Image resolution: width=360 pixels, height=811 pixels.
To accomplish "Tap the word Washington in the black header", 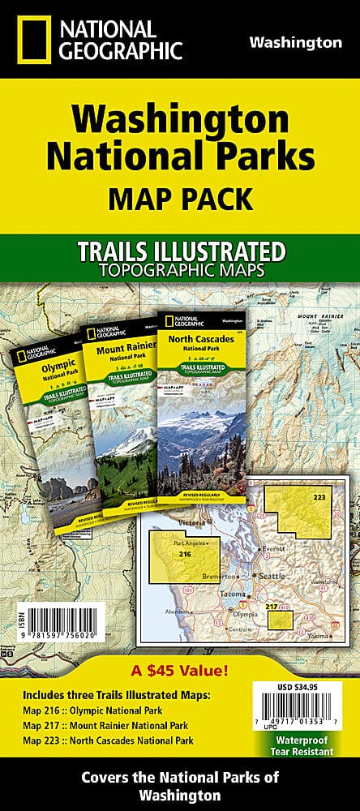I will click(294, 42).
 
